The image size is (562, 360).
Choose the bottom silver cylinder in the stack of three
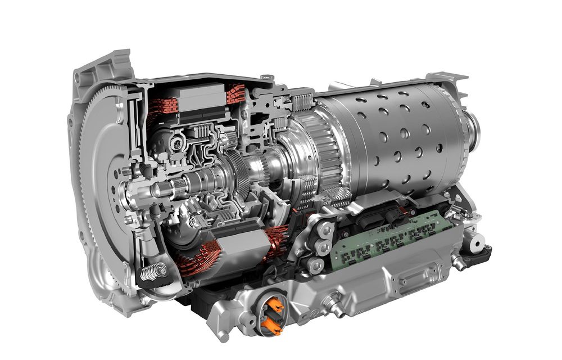tap(316, 264)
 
